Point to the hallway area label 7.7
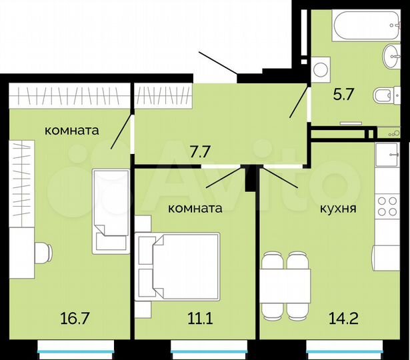click(200, 151)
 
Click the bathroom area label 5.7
click(343, 93)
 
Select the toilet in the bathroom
click(386, 97)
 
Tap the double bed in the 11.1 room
click(178, 267)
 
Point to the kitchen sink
click(386, 155)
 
